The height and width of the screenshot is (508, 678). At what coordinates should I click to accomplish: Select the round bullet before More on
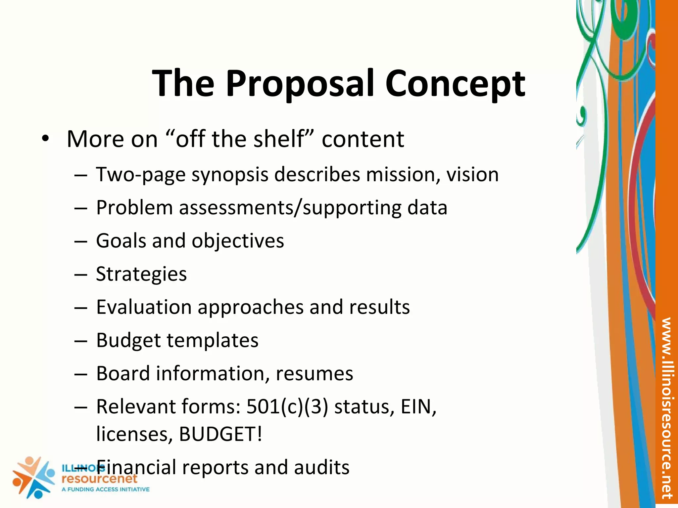[45, 139]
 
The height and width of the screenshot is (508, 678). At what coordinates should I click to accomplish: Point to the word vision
[472, 175]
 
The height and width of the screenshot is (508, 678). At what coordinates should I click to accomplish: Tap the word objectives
[238, 241]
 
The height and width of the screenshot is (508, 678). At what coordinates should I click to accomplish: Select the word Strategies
[141, 274]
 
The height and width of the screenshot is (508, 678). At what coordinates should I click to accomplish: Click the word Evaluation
[144, 307]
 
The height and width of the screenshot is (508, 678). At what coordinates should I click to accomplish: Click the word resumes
[314, 374]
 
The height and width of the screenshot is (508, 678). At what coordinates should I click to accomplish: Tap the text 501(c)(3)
[287, 407]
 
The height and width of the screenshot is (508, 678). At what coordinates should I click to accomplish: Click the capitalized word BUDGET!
[220, 434]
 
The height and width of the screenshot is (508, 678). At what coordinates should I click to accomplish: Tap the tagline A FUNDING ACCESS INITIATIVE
[106, 489]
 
